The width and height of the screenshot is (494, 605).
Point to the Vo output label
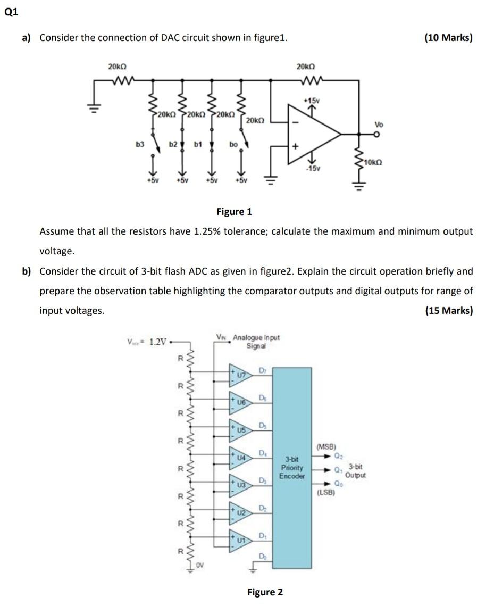coord(379,125)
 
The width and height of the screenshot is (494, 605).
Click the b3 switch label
coord(140,144)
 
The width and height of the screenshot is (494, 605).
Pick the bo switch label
coord(233,144)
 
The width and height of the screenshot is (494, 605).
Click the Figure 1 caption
coord(234,212)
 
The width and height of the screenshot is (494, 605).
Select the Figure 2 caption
coord(265,592)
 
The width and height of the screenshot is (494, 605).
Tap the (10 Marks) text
coord(448,38)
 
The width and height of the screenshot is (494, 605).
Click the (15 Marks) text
coord(448,311)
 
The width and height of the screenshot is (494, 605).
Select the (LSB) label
coord(325,492)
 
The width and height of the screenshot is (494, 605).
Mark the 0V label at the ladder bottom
coord(200,565)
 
